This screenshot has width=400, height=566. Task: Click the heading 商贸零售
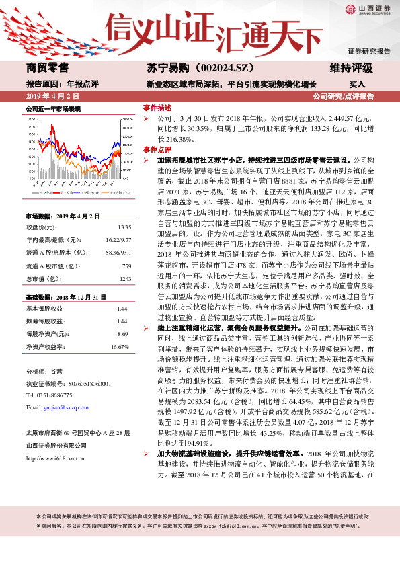click(x=47, y=67)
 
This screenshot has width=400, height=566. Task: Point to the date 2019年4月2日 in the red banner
click(x=50, y=96)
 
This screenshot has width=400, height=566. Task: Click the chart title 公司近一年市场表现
click(x=53, y=108)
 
